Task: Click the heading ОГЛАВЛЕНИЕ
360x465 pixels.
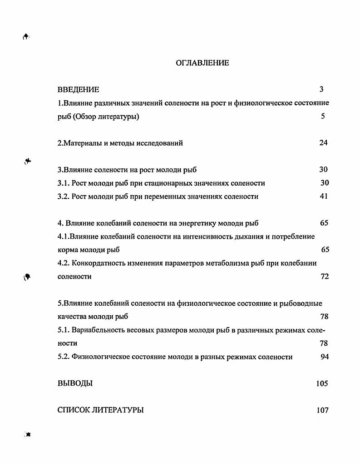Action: coord(202,63)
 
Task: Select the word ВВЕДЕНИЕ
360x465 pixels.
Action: coord(78,90)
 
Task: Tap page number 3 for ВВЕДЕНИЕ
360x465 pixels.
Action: coord(321,89)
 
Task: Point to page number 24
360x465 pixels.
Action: coord(323,143)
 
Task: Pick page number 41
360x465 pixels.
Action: coord(323,196)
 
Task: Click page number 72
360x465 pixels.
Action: coord(325,277)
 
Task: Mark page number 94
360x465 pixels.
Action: coord(324,357)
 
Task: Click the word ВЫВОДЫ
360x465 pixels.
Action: coord(75,383)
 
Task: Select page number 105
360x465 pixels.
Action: coord(322,384)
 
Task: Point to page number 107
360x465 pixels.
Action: coord(322,411)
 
